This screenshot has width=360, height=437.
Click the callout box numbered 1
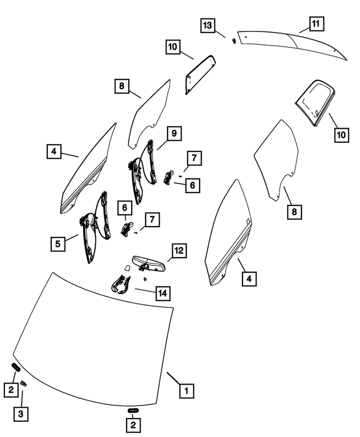[186, 390]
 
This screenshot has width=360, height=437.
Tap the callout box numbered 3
[21, 414]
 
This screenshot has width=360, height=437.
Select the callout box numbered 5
[58, 244]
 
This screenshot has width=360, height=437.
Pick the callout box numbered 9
[174, 133]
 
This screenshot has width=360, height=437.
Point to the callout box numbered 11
[316, 24]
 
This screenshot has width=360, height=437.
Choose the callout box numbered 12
[179, 250]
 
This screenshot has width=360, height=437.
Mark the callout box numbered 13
[208, 25]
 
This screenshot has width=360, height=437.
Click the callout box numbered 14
[163, 293]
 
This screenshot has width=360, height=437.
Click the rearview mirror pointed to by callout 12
[150, 263]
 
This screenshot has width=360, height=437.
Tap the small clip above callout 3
[24, 384]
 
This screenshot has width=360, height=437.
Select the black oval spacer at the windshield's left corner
[16, 367]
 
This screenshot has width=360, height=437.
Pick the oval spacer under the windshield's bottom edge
[133, 410]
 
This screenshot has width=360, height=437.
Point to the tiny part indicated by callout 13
[234, 40]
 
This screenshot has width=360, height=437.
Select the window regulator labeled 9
[143, 172]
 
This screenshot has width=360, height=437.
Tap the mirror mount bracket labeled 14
[120, 285]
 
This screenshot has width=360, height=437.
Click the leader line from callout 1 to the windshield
[173, 379]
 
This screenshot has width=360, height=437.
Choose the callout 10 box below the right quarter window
[341, 135]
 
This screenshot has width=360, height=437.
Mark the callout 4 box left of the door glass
[54, 151]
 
